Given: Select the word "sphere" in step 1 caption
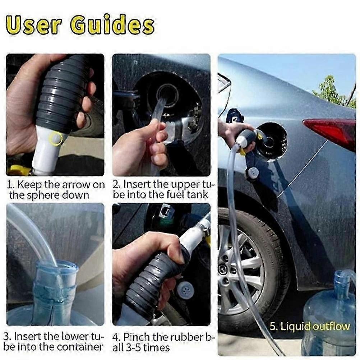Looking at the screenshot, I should (46, 195).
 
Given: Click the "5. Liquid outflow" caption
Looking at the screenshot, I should (309, 326).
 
